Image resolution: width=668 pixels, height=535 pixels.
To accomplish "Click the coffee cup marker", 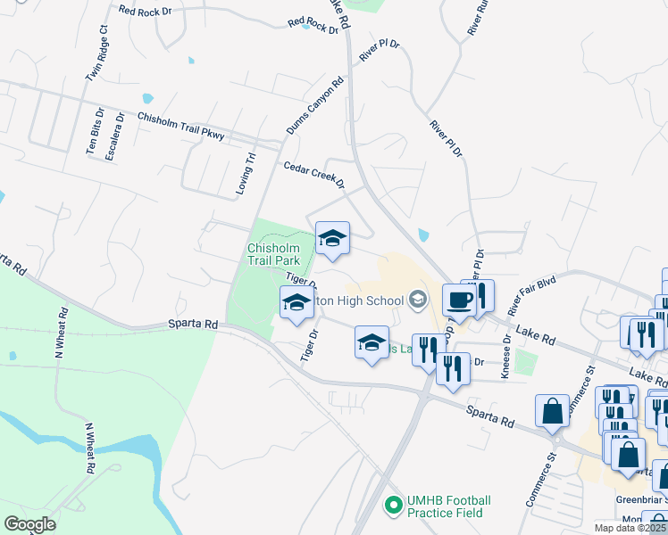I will point(459,300).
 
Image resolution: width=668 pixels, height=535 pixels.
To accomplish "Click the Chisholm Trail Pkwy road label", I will point(180,126).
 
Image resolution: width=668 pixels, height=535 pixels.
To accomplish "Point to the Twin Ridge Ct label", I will point(96,53).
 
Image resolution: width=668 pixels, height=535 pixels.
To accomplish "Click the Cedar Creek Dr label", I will point(314,175).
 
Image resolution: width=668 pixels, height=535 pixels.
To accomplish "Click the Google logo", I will point(29,524).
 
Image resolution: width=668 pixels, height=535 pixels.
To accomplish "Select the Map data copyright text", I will point(630,528).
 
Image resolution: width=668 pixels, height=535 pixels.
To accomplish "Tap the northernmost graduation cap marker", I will point(332,238).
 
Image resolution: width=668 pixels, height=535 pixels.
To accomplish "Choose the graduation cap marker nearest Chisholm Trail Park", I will point(297,302).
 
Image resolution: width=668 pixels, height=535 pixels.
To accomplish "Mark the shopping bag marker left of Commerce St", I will point(552,411).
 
